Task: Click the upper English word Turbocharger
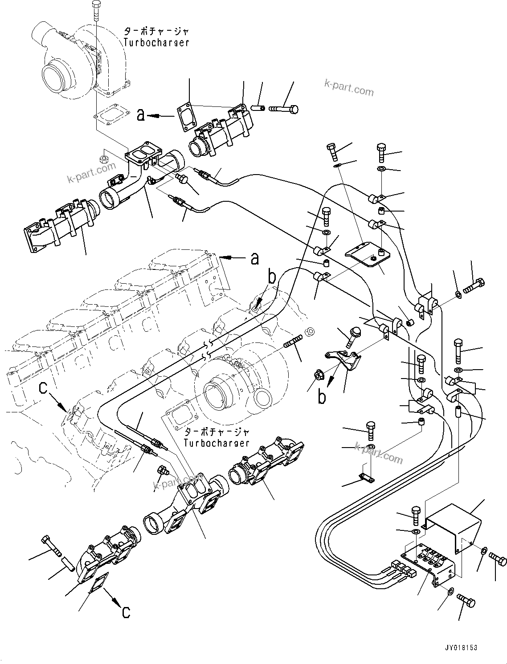(x=156, y=43)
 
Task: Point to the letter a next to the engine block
(x=255, y=258)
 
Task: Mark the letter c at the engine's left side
(x=43, y=388)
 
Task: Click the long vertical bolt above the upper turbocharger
(x=96, y=10)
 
